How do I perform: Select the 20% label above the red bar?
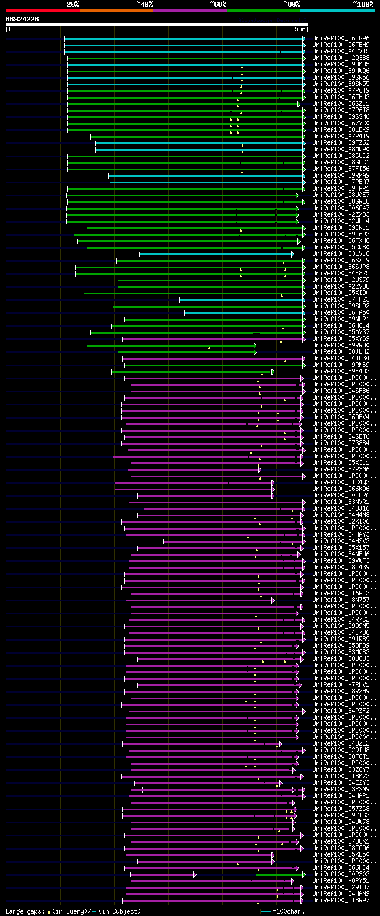[x=73, y=4]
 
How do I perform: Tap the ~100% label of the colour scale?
[x=363, y=4]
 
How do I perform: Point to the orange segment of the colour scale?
[x=116, y=11]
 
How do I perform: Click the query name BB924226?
[x=23, y=19]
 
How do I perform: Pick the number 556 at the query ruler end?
[x=300, y=29]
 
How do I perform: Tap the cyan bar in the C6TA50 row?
[x=243, y=313]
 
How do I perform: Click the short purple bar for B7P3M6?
[x=194, y=470]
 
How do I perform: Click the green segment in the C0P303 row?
[x=280, y=874]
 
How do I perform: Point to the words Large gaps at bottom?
[x=24, y=911]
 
